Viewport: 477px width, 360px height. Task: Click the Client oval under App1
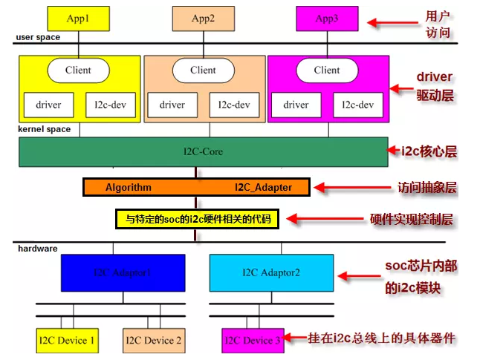click(x=78, y=71)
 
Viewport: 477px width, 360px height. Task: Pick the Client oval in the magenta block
click(x=327, y=71)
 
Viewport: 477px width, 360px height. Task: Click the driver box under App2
click(x=172, y=105)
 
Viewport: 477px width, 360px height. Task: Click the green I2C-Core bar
click(x=202, y=151)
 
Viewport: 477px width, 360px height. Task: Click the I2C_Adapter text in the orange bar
click(x=263, y=188)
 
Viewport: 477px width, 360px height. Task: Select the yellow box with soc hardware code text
click(x=197, y=219)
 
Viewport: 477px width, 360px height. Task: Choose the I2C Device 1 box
click(x=67, y=341)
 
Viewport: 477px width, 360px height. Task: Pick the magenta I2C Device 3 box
click(x=252, y=341)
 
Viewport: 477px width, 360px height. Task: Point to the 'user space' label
click(x=38, y=37)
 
